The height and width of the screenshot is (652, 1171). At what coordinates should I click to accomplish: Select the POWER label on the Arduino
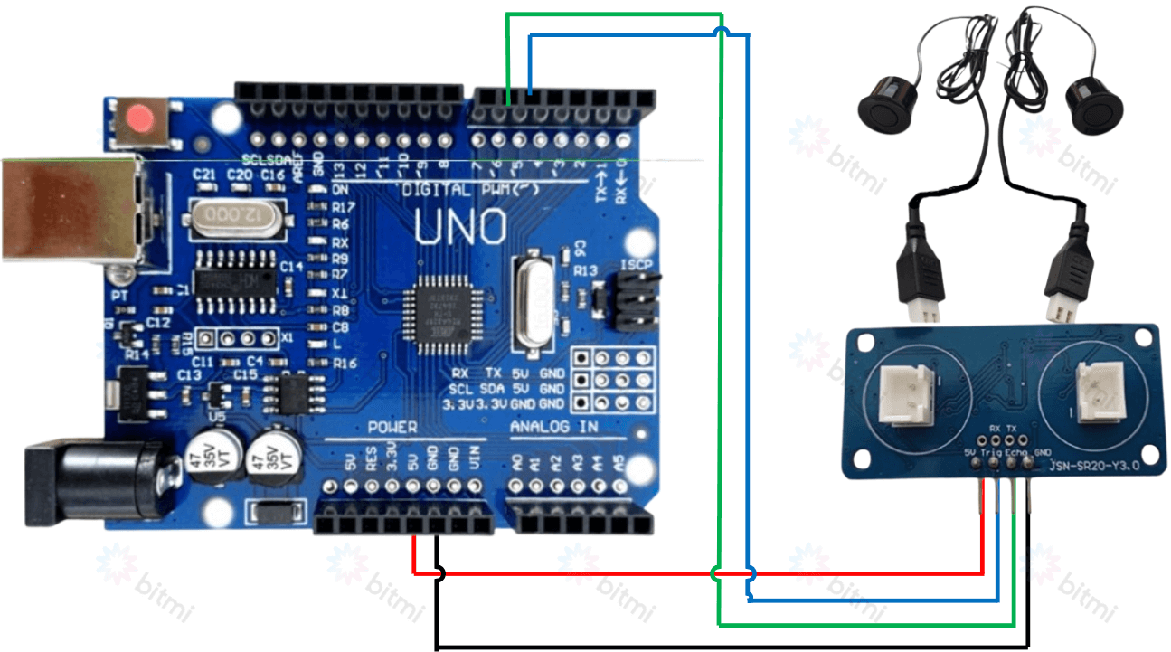[x=392, y=427]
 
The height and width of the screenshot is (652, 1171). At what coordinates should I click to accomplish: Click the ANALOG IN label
[x=553, y=427]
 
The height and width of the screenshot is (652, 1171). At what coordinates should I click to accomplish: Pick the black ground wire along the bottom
[x=723, y=647]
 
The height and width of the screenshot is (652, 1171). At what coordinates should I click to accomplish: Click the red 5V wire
[x=588, y=572]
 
